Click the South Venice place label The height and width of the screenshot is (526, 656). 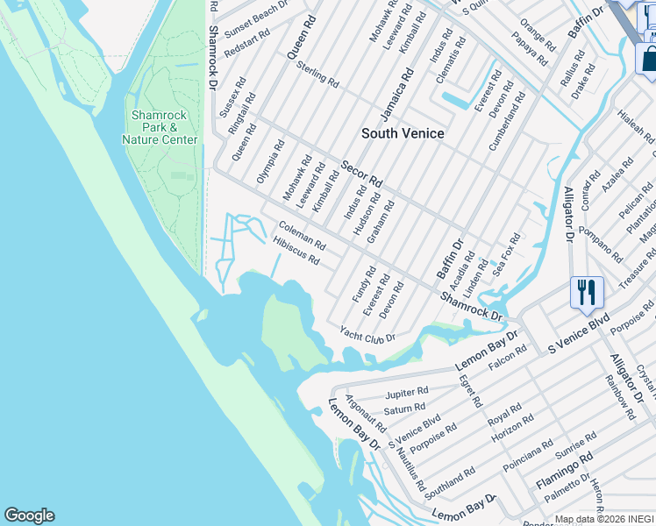[403, 133]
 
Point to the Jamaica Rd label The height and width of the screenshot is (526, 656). [396, 98]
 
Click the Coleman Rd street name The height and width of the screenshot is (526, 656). [302, 234]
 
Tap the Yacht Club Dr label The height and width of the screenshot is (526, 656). [367, 334]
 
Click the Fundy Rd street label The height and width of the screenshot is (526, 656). [364, 285]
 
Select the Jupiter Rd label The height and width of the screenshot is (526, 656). [406, 392]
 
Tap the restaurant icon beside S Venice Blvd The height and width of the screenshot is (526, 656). [587, 293]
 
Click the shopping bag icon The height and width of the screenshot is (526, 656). [647, 59]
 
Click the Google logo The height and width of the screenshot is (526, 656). [29, 515]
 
